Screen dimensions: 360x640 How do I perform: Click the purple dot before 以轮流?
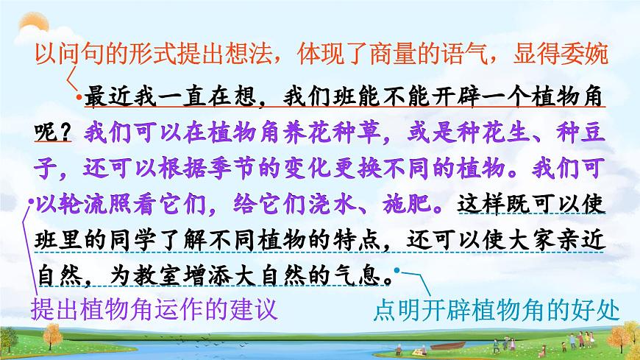[30, 200]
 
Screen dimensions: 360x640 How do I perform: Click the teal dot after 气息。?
[398, 270]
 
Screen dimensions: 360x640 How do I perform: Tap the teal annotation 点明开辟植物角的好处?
[496, 309]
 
